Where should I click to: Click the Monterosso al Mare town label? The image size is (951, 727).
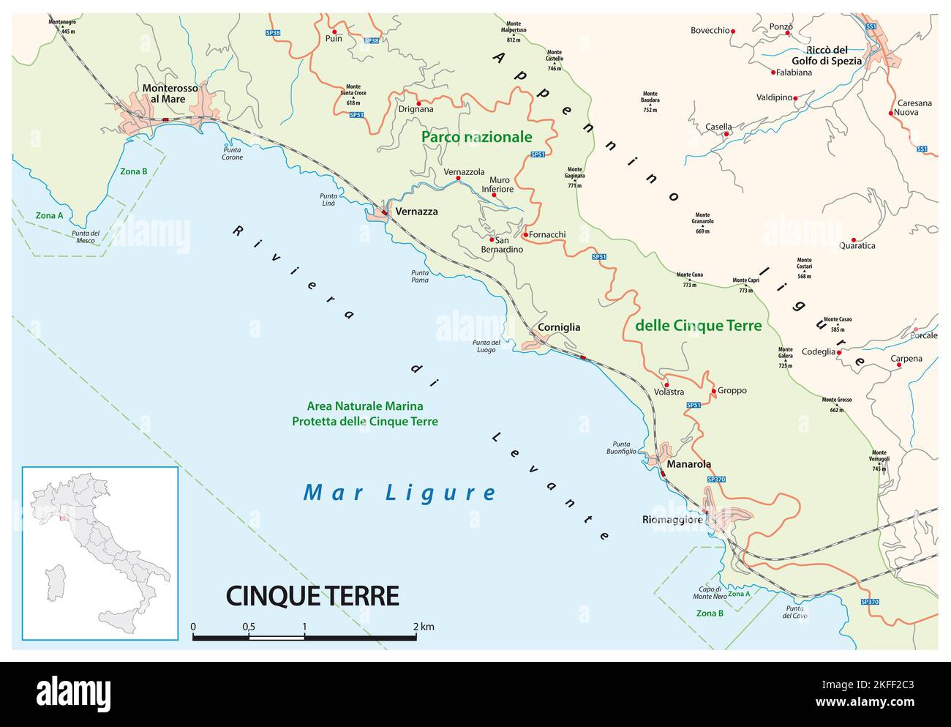tap(170, 93)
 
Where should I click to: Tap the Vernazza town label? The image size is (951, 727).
tap(416, 212)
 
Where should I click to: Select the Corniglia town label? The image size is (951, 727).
tap(559, 327)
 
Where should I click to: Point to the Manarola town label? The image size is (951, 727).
tap(688, 464)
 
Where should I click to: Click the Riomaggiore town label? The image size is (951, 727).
tap(673, 520)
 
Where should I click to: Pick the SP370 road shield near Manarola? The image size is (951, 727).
tap(715, 479)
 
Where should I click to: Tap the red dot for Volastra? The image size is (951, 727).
tap(666, 384)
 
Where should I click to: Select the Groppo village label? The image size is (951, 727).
tap(732, 391)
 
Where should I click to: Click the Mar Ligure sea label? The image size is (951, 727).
tap(399, 493)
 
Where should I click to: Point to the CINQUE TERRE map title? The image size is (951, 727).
tap(312, 596)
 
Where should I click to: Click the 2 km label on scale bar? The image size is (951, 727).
tap(423, 627)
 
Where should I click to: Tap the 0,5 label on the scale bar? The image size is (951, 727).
tap(249, 627)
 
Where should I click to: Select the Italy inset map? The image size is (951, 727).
tap(100, 553)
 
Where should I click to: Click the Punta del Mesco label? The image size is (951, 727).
tap(86, 236)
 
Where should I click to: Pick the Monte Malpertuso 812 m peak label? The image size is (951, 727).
tap(514, 34)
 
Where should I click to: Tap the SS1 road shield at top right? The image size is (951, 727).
tap(871, 27)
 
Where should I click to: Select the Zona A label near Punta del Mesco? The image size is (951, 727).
tap(49, 216)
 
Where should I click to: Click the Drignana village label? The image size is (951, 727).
tap(416, 109)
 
